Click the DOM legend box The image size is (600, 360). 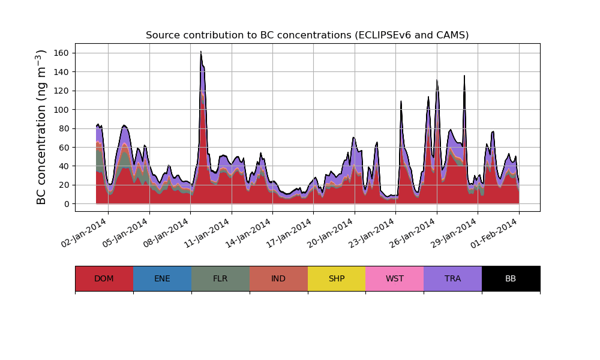click(104, 278)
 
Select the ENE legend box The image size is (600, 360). click(162, 278)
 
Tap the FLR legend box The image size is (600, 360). click(220, 278)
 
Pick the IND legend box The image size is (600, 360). click(278, 278)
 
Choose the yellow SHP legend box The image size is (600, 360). click(337, 278)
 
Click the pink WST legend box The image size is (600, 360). click(395, 278)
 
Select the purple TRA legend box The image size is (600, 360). click(453, 278)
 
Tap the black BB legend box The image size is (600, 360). click(511, 278)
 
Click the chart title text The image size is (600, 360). click(307, 35)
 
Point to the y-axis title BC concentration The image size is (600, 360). click(41, 127)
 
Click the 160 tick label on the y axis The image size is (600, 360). click(61, 53)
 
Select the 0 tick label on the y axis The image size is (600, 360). click(67, 204)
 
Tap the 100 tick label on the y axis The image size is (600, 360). click(61, 110)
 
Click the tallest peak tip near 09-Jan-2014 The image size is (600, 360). click(201, 52)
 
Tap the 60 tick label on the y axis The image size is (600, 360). click(64, 148)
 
